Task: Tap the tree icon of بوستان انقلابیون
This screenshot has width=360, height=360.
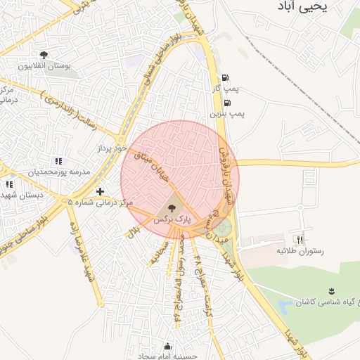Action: pos(44,55)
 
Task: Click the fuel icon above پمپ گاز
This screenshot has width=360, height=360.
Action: pos(224,78)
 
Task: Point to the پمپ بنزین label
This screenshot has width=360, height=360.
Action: pos(227,112)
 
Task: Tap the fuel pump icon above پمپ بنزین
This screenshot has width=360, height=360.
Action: pos(226,102)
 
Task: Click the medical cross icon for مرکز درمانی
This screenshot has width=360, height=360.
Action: pos(100,191)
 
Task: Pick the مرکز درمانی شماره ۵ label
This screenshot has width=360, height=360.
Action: pos(100,202)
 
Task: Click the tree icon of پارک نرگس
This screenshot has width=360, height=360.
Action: pos(172,208)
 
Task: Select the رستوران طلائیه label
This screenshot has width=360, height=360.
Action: pos(304,250)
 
